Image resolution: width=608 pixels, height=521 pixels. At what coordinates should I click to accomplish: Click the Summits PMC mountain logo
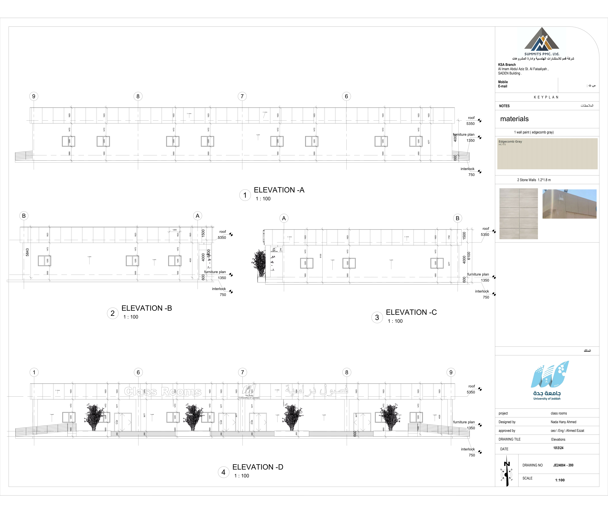coord(542,40)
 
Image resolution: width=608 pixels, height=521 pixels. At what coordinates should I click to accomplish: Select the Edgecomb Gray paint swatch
coord(547,153)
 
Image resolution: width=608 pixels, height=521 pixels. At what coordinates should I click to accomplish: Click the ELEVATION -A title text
coord(279,190)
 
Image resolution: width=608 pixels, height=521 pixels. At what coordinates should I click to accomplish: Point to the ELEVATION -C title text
coord(411,312)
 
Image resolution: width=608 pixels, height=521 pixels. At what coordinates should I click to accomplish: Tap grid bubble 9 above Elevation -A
coord(34,96)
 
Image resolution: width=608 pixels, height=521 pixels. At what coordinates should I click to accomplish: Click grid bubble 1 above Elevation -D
coord(34,372)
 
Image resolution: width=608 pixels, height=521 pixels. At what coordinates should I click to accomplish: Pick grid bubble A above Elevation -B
coord(198,216)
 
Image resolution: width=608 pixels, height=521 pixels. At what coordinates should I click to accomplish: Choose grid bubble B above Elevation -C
coord(457,218)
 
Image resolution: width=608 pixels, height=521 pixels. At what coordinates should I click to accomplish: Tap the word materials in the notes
coord(514,119)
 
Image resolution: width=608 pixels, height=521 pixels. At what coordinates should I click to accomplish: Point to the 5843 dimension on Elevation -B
coord(27,252)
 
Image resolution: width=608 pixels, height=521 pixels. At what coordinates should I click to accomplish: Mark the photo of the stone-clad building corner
coord(569,204)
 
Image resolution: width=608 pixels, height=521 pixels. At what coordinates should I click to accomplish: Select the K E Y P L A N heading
coord(546,97)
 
